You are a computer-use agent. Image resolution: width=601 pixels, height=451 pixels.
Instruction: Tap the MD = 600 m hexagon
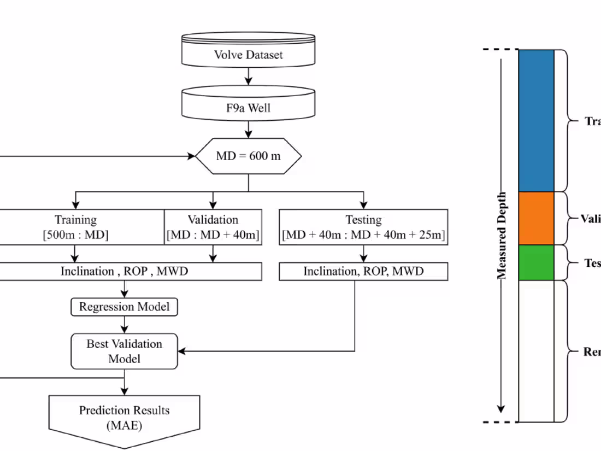click(x=249, y=156)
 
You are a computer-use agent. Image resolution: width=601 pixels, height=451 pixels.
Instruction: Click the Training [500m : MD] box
click(x=76, y=227)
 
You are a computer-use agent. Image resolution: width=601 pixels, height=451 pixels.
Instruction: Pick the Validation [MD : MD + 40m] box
click(x=213, y=227)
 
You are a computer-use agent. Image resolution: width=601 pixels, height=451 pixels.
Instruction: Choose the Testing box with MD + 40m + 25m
click(x=363, y=227)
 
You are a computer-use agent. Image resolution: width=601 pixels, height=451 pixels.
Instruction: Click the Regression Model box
click(x=125, y=307)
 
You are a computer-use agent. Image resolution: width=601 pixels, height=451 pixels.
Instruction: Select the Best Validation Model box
click(x=125, y=351)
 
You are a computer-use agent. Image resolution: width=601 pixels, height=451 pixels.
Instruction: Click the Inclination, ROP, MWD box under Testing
click(x=363, y=271)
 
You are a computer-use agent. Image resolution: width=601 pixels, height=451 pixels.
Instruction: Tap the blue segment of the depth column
click(x=536, y=120)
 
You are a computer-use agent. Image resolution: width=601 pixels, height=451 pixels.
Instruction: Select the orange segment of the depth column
click(x=536, y=218)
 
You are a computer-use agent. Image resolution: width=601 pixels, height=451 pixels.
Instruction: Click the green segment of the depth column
click(x=536, y=262)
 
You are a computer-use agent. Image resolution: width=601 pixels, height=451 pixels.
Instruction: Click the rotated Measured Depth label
click(x=502, y=235)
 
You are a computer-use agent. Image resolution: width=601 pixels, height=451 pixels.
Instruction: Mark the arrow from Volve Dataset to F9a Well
click(x=249, y=76)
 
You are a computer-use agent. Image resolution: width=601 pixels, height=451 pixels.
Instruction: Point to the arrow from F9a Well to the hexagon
click(x=249, y=129)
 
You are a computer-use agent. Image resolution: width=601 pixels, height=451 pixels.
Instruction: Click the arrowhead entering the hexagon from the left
click(x=191, y=156)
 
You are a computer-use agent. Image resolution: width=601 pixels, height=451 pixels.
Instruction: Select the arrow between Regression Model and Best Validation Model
click(x=125, y=325)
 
